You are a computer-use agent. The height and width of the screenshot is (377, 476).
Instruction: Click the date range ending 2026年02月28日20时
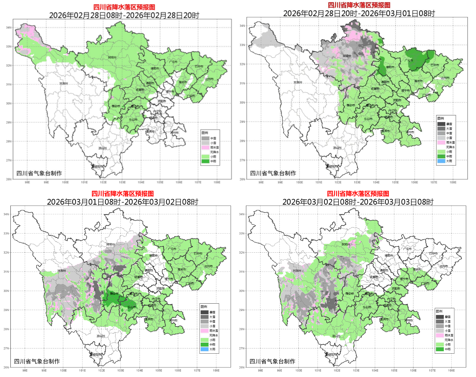pyautogui.click(x=124, y=15)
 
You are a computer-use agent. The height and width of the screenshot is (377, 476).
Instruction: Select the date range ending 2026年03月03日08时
pyautogui.click(x=358, y=202)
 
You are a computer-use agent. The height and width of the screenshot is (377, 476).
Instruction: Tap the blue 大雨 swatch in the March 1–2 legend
pyautogui.click(x=204, y=349)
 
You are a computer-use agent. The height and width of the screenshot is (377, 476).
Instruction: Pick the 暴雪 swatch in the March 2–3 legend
pyautogui.click(x=440, y=317)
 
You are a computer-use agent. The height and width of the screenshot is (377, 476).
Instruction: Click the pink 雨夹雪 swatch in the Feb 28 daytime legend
pyautogui.click(x=205, y=147)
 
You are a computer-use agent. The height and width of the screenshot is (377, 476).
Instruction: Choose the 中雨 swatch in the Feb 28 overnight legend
pyautogui.click(x=441, y=156)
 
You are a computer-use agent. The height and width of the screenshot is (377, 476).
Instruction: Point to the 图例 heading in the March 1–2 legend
pyautogui.click(x=204, y=307)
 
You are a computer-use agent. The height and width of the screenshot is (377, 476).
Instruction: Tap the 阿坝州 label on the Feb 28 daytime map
pyautogui.click(x=112, y=57)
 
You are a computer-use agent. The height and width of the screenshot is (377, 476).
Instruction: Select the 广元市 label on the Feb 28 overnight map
pyautogui.click(x=409, y=60)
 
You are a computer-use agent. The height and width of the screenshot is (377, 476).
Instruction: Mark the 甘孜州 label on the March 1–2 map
pyautogui.click(x=61, y=271)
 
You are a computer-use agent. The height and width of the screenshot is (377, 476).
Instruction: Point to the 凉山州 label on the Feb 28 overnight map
pyautogui.click(x=337, y=148)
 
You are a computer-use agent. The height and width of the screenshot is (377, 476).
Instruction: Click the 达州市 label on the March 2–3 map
pyautogui.click(x=444, y=266)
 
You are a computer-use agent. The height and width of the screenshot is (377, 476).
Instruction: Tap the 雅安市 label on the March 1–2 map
pyautogui.click(x=114, y=294)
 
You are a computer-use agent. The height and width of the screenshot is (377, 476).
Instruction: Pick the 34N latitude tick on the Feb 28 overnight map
pyautogui.click(x=242, y=26)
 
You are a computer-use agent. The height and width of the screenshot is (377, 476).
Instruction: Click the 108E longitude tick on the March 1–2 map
pyautogui.click(x=216, y=371)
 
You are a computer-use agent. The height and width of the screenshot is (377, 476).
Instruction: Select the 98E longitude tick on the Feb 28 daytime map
pyautogui.click(x=27, y=182)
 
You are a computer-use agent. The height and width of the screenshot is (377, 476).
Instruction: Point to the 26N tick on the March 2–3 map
pyautogui.click(x=242, y=367)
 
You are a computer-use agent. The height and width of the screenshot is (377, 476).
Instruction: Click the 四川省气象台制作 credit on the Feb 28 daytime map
pyautogui.click(x=39, y=173)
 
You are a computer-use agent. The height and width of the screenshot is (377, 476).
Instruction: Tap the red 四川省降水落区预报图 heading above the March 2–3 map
pyautogui.click(x=358, y=194)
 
